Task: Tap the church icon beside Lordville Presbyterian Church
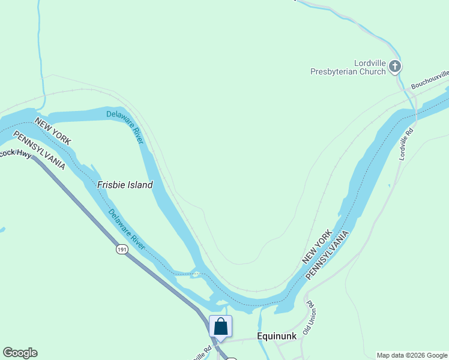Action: click(395, 67)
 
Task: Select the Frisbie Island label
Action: click(125, 185)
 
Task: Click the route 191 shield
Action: click(122, 249)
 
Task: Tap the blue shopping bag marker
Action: click(220, 327)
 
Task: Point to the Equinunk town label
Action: click(277, 336)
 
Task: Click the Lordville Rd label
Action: click(407, 143)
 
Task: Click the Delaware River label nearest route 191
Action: click(127, 230)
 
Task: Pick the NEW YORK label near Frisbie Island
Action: click(53, 131)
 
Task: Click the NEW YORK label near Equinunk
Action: click(316, 247)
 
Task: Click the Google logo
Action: click(20, 353)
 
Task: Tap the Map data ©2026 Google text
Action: click(412, 355)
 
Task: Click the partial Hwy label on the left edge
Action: click(16, 154)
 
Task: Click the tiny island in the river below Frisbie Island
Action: click(196, 274)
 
